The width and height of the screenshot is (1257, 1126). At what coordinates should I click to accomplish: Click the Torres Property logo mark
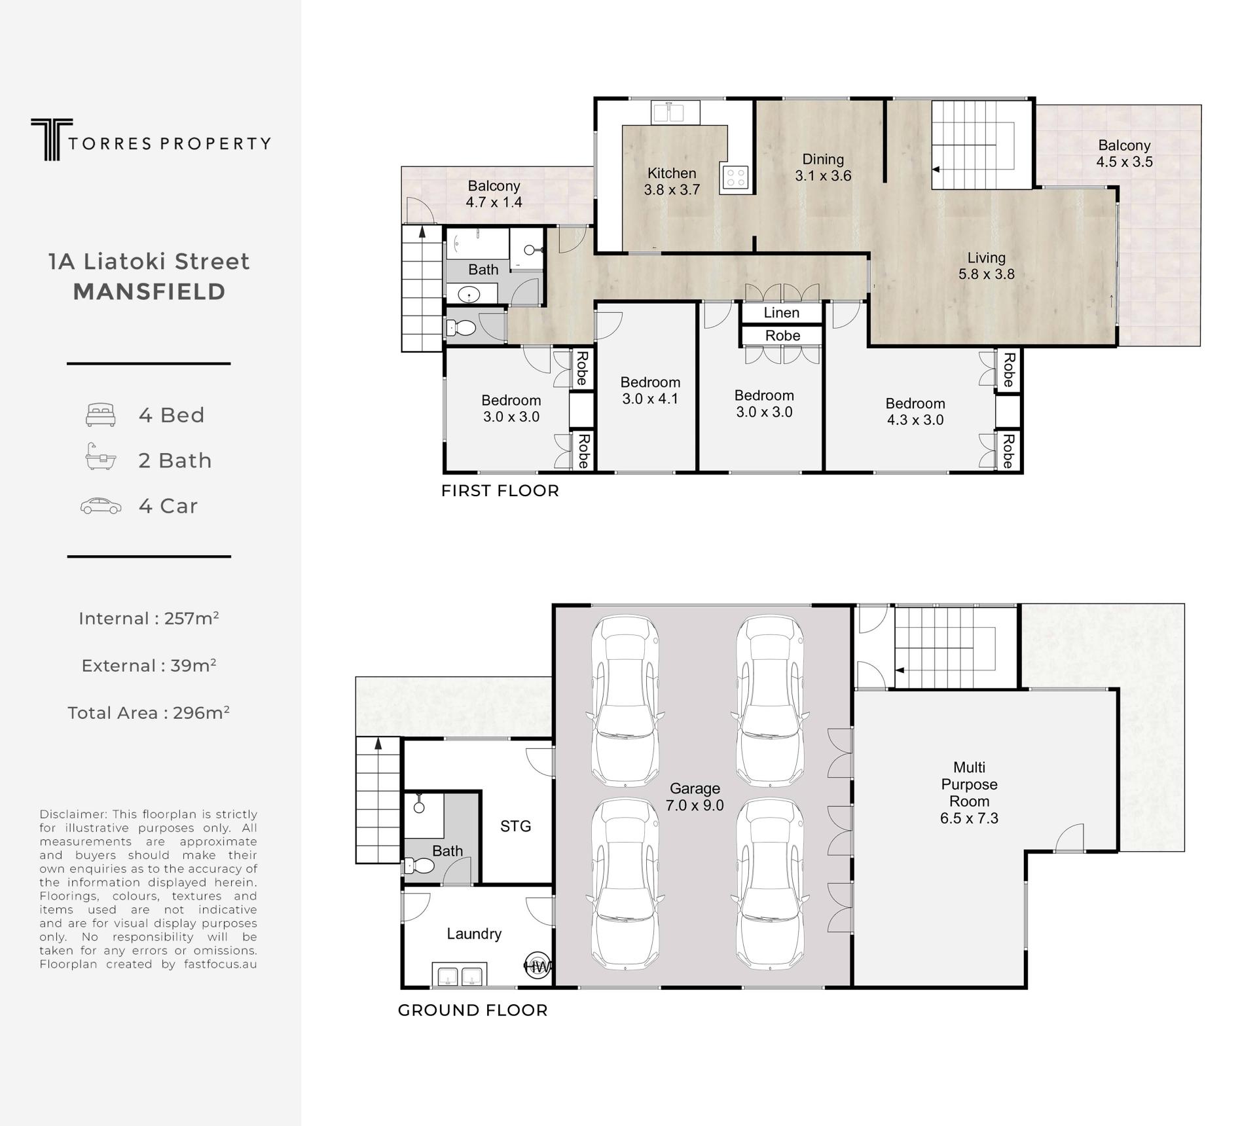point(52,139)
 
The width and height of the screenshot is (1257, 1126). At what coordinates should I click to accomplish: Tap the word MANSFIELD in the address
point(149,292)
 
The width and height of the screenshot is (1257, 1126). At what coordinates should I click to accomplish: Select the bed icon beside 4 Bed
point(101,415)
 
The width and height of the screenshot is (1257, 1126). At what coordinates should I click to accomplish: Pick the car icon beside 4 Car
point(101,506)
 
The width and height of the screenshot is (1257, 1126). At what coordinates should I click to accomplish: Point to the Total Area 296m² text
point(149,712)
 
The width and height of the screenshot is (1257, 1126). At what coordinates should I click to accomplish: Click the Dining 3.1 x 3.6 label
point(823,168)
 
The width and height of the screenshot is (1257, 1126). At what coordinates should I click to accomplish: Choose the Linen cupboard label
point(782,313)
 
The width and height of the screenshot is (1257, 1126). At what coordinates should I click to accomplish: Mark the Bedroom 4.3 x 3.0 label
point(915,412)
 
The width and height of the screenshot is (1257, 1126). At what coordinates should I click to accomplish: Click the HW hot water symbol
point(537,966)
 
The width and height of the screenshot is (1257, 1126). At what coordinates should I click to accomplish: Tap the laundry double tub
point(459,975)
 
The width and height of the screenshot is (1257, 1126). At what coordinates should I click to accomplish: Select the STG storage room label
point(515,826)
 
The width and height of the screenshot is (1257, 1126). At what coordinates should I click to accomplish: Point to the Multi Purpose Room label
point(969,793)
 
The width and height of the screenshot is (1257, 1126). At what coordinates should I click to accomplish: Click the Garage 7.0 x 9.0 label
point(695,797)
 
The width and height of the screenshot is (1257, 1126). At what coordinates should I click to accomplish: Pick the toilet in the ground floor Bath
point(419,866)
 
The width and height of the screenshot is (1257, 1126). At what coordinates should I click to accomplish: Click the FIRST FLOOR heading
point(500,491)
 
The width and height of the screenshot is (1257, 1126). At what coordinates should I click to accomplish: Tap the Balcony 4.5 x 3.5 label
point(1125,154)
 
